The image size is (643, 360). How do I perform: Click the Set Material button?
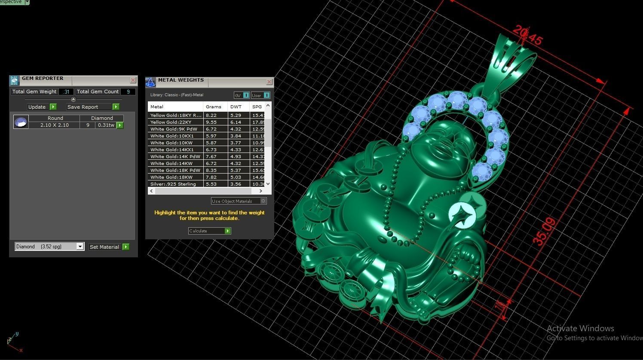click(x=109, y=247)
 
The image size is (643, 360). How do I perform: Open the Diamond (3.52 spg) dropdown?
click(x=80, y=247)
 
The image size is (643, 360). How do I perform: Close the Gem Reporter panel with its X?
click(x=133, y=80)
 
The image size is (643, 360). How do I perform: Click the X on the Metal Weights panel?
click(x=269, y=82)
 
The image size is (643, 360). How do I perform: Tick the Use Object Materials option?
click(x=263, y=201)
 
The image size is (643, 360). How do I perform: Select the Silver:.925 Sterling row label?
click(x=173, y=184)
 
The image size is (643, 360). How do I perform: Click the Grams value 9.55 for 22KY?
click(x=211, y=122)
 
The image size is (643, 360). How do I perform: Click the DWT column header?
click(x=236, y=107)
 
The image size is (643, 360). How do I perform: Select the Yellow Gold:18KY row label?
click(x=175, y=115)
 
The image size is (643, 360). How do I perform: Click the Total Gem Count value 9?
click(x=128, y=92)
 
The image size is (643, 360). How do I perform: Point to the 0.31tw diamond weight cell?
click(x=106, y=125)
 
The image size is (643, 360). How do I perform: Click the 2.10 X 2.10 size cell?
click(x=54, y=125)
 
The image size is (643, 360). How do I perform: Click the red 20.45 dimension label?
click(x=527, y=35)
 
